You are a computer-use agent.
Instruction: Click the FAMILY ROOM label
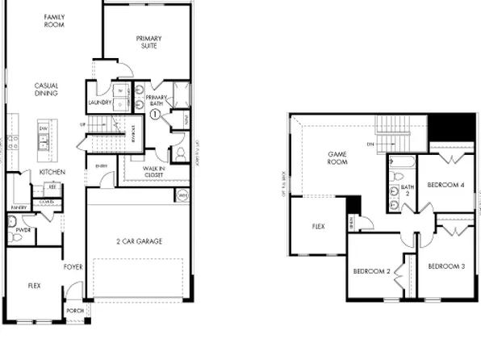[55, 21]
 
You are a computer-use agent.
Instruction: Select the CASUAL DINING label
[46, 89]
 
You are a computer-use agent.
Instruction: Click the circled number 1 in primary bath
[154, 115]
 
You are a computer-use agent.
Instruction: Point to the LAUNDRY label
[100, 103]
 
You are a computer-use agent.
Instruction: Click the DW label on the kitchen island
[43, 128]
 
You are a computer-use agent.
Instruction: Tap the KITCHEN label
[52, 172]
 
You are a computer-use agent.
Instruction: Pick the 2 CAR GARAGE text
[138, 241]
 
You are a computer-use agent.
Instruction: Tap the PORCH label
[74, 310]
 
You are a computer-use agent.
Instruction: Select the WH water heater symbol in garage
[182, 195]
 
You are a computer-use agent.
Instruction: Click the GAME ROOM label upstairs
[337, 158]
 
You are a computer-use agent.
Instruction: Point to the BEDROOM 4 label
[445, 185]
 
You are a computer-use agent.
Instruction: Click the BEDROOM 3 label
[445, 266]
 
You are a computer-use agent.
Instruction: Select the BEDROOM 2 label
[371, 271]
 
